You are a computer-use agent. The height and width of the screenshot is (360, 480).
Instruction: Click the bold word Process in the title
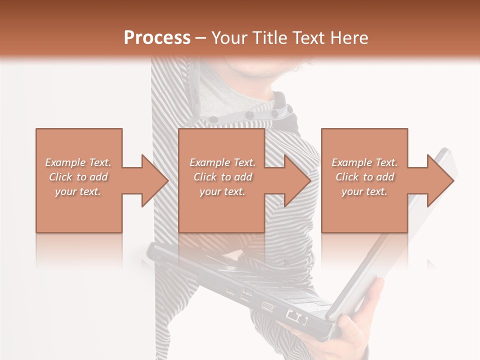[x=157, y=38]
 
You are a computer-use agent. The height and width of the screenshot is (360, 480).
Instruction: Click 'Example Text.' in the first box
[x=78, y=162]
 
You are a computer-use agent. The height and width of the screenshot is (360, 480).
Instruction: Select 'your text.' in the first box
[x=78, y=191]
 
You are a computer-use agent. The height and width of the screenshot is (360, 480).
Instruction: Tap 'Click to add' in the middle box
[x=222, y=177]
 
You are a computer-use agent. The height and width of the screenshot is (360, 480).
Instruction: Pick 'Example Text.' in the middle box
[x=222, y=162]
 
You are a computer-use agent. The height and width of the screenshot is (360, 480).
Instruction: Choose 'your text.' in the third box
[x=364, y=191]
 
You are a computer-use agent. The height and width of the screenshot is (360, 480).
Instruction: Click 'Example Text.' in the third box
[x=364, y=162]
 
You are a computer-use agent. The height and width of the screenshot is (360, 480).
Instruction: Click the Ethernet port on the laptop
[x=295, y=316]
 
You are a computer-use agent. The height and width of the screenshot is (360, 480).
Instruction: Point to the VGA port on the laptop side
[x=267, y=307]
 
